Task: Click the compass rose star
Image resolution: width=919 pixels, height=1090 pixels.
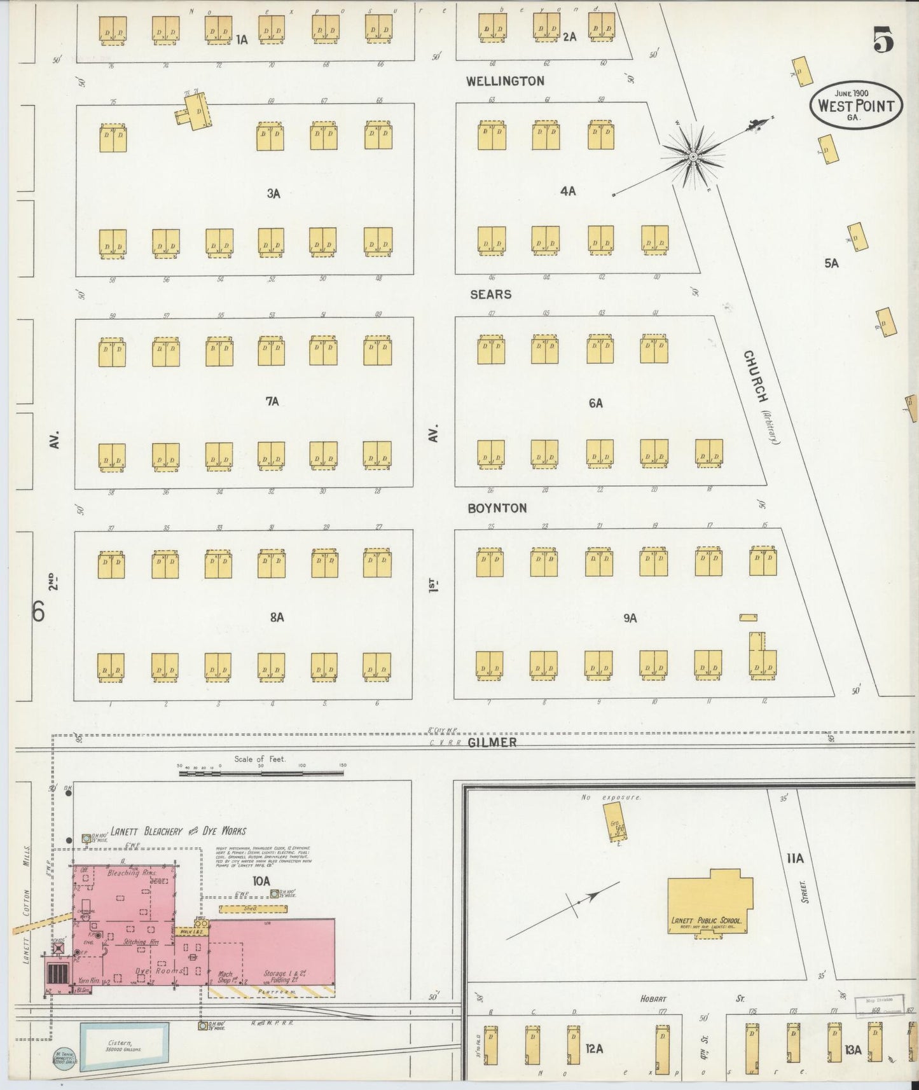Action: pos(693,156)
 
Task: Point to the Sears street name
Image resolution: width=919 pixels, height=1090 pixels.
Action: pos(490,294)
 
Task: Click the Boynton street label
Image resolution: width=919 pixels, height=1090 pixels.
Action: pos(497,508)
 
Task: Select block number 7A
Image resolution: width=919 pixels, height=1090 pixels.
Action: pos(272,401)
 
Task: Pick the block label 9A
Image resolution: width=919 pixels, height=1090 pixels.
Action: pos(630,617)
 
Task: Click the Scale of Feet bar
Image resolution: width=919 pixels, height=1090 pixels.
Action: pos(261,773)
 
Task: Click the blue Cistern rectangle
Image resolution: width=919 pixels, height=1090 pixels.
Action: pos(124,1043)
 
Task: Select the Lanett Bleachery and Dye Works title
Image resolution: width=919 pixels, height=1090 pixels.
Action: pos(178,831)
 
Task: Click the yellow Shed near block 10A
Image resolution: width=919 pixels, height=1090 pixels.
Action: pos(250,909)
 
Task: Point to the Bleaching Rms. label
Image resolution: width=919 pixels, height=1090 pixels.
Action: pos(131,874)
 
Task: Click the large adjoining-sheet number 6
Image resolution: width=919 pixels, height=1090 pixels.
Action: pos(39,612)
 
